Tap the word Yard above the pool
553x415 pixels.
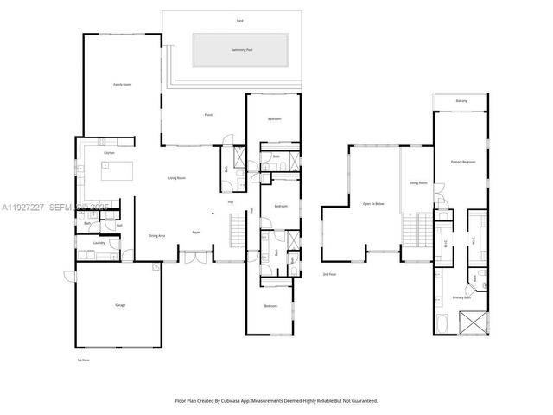point(239,19)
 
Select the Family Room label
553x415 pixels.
point(122,85)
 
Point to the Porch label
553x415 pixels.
point(208,114)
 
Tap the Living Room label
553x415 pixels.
point(177,178)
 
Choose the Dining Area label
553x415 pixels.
point(157,234)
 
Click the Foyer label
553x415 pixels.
point(196,232)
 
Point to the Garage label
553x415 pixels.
point(120,304)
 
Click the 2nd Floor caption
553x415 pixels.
point(329,274)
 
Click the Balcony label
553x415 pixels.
point(462,102)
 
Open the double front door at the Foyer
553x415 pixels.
point(193,254)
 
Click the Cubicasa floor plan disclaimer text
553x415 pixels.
point(276,400)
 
